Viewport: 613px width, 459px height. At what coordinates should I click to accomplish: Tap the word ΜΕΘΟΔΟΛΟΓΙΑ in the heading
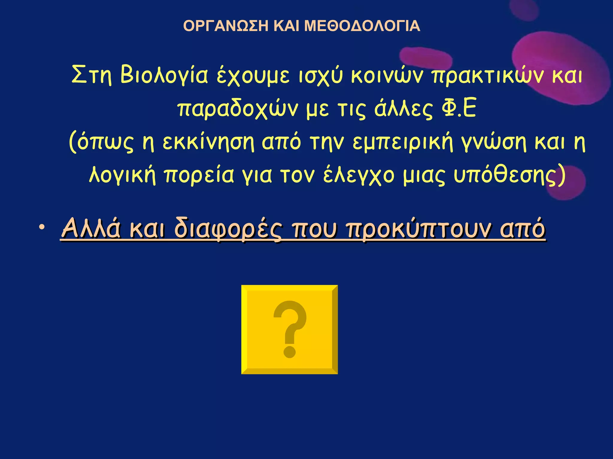coord(362,26)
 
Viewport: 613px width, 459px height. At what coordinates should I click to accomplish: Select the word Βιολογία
coord(164,75)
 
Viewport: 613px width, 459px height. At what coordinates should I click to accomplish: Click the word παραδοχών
coord(238,109)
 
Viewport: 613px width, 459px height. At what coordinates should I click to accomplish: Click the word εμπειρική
coord(403,143)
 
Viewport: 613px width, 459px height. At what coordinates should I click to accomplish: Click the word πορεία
coord(199,176)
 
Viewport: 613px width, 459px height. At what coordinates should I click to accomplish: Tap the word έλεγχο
coord(359,176)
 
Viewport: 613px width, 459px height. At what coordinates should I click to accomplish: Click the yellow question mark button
coord(289,329)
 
